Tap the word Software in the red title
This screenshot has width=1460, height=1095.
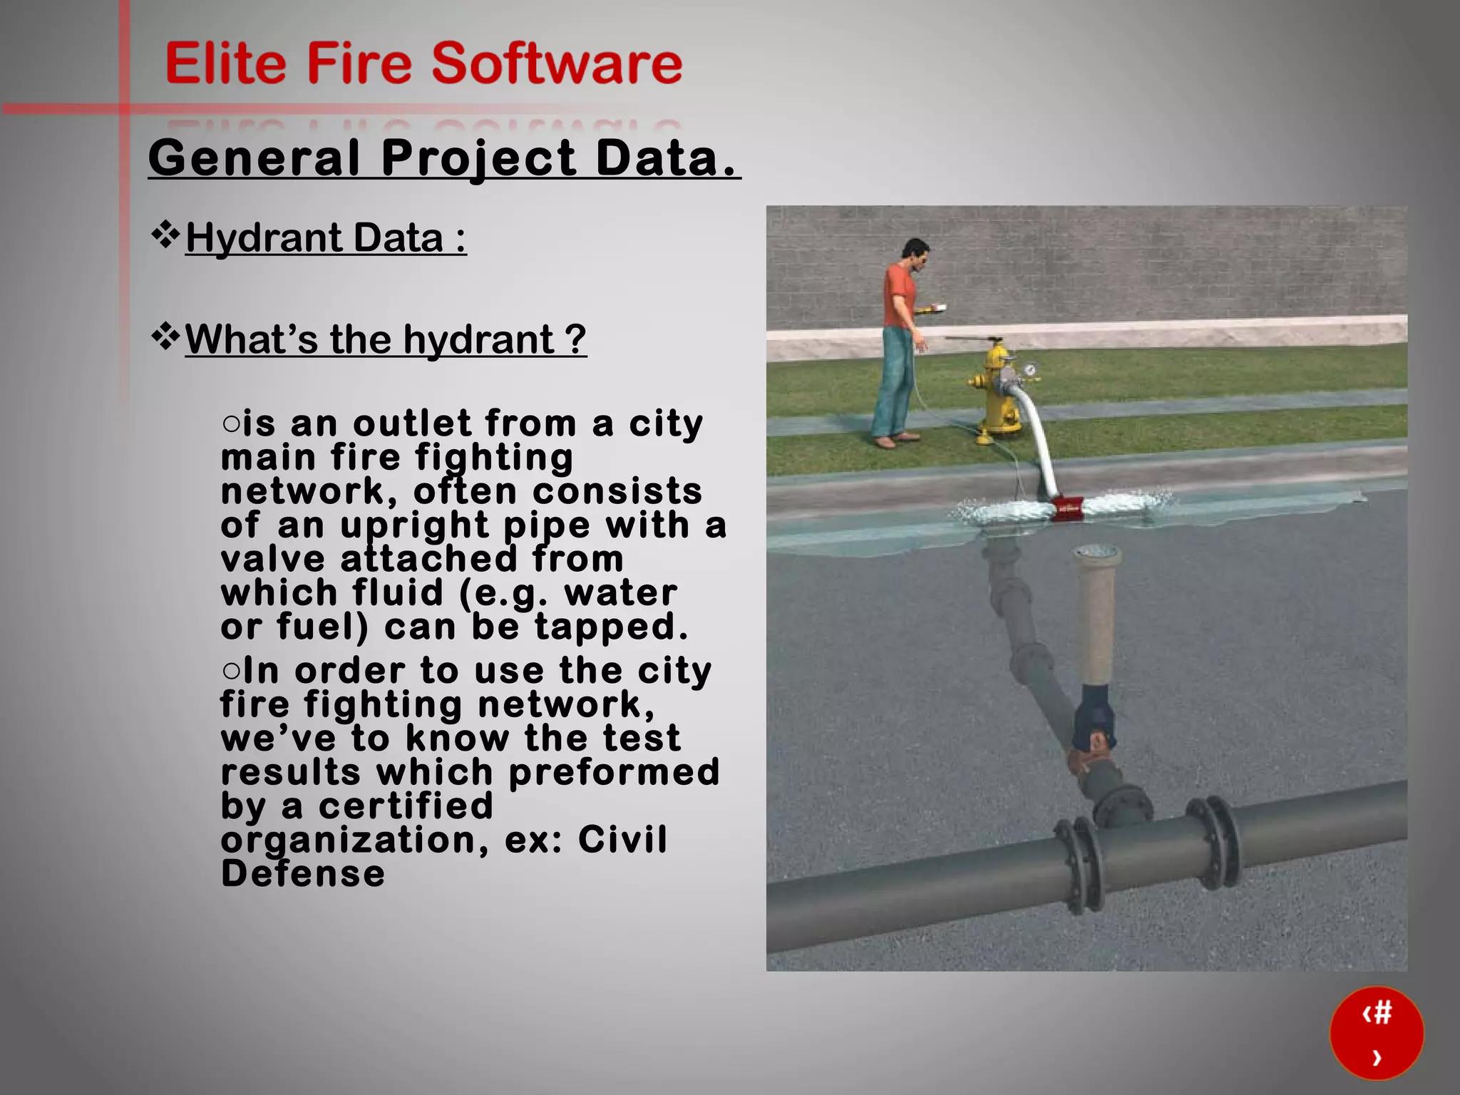[x=557, y=63]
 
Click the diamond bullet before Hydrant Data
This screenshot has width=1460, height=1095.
[x=165, y=235]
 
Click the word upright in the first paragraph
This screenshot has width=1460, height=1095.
[x=414, y=525]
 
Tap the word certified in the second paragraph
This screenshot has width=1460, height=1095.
[x=406, y=806]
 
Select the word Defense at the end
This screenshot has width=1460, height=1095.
[x=303, y=874]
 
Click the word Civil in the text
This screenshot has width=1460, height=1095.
[x=622, y=839]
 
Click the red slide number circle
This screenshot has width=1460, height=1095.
[x=1376, y=1033]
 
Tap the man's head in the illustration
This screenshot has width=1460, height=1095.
[x=914, y=252]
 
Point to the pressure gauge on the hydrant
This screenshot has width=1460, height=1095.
[x=1029, y=370]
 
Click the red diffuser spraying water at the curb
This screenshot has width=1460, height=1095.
[x=1066, y=506]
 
